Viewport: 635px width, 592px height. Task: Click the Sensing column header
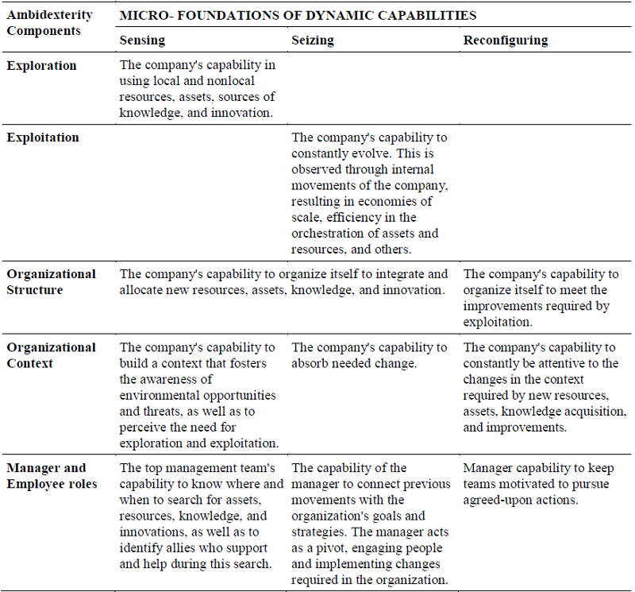pos(143,40)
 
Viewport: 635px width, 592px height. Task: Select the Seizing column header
pos(313,40)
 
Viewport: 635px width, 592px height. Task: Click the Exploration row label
pos(42,66)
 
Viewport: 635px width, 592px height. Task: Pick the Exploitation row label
pos(43,137)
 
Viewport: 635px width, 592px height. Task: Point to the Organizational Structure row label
pos(51,282)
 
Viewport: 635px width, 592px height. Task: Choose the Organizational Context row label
pos(51,355)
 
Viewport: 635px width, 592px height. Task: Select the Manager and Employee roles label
pos(52,476)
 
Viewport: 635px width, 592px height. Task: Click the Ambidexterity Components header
pos(49,23)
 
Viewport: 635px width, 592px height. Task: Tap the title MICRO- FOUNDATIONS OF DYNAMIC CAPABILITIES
pos(298,15)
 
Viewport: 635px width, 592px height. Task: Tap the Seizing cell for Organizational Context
pos(368,355)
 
